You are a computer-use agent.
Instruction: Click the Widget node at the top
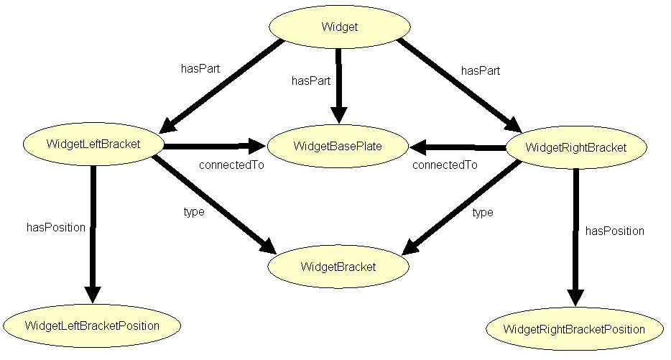(339, 27)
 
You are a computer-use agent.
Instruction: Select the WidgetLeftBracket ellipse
(93, 143)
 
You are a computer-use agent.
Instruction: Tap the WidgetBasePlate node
(338, 147)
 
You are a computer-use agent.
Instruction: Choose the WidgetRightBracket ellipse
(576, 147)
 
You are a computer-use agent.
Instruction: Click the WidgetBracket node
(338, 267)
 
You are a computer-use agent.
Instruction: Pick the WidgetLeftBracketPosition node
(92, 326)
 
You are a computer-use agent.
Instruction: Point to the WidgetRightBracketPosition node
(574, 329)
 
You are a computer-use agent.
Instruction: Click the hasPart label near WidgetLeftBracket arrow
(200, 70)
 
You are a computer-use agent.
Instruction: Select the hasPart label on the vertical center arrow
(311, 80)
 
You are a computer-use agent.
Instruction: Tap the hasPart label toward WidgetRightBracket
(481, 70)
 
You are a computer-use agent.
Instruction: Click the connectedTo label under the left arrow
(231, 165)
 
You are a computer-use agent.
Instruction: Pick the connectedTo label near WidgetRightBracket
(445, 165)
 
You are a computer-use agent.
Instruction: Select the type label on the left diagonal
(194, 211)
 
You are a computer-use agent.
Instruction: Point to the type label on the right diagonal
(483, 212)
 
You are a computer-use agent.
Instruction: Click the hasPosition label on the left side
(56, 227)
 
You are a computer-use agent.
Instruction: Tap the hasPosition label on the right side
(615, 231)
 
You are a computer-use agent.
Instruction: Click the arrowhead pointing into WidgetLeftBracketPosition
(93, 295)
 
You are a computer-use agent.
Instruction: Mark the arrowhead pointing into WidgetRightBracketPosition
(575, 298)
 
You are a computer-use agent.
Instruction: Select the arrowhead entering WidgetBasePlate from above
(338, 115)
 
